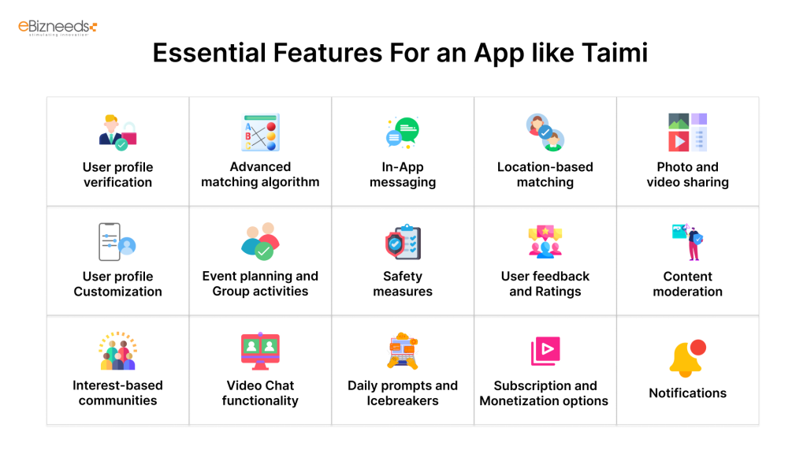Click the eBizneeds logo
click(58, 28)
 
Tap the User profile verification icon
click(118, 132)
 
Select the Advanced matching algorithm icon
click(260, 132)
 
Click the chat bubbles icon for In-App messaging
click(403, 132)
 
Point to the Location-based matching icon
click(545, 132)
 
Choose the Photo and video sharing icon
click(687, 132)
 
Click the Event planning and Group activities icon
click(260, 241)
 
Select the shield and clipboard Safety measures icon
click(403, 242)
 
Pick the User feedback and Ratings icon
click(545, 242)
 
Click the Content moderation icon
click(687, 242)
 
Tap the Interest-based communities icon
click(118, 352)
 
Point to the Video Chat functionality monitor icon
click(260, 352)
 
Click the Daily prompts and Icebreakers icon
click(403, 352)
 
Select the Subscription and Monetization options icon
click(545, 352)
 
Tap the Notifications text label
click(687, 393)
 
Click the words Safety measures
click(403, 284)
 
